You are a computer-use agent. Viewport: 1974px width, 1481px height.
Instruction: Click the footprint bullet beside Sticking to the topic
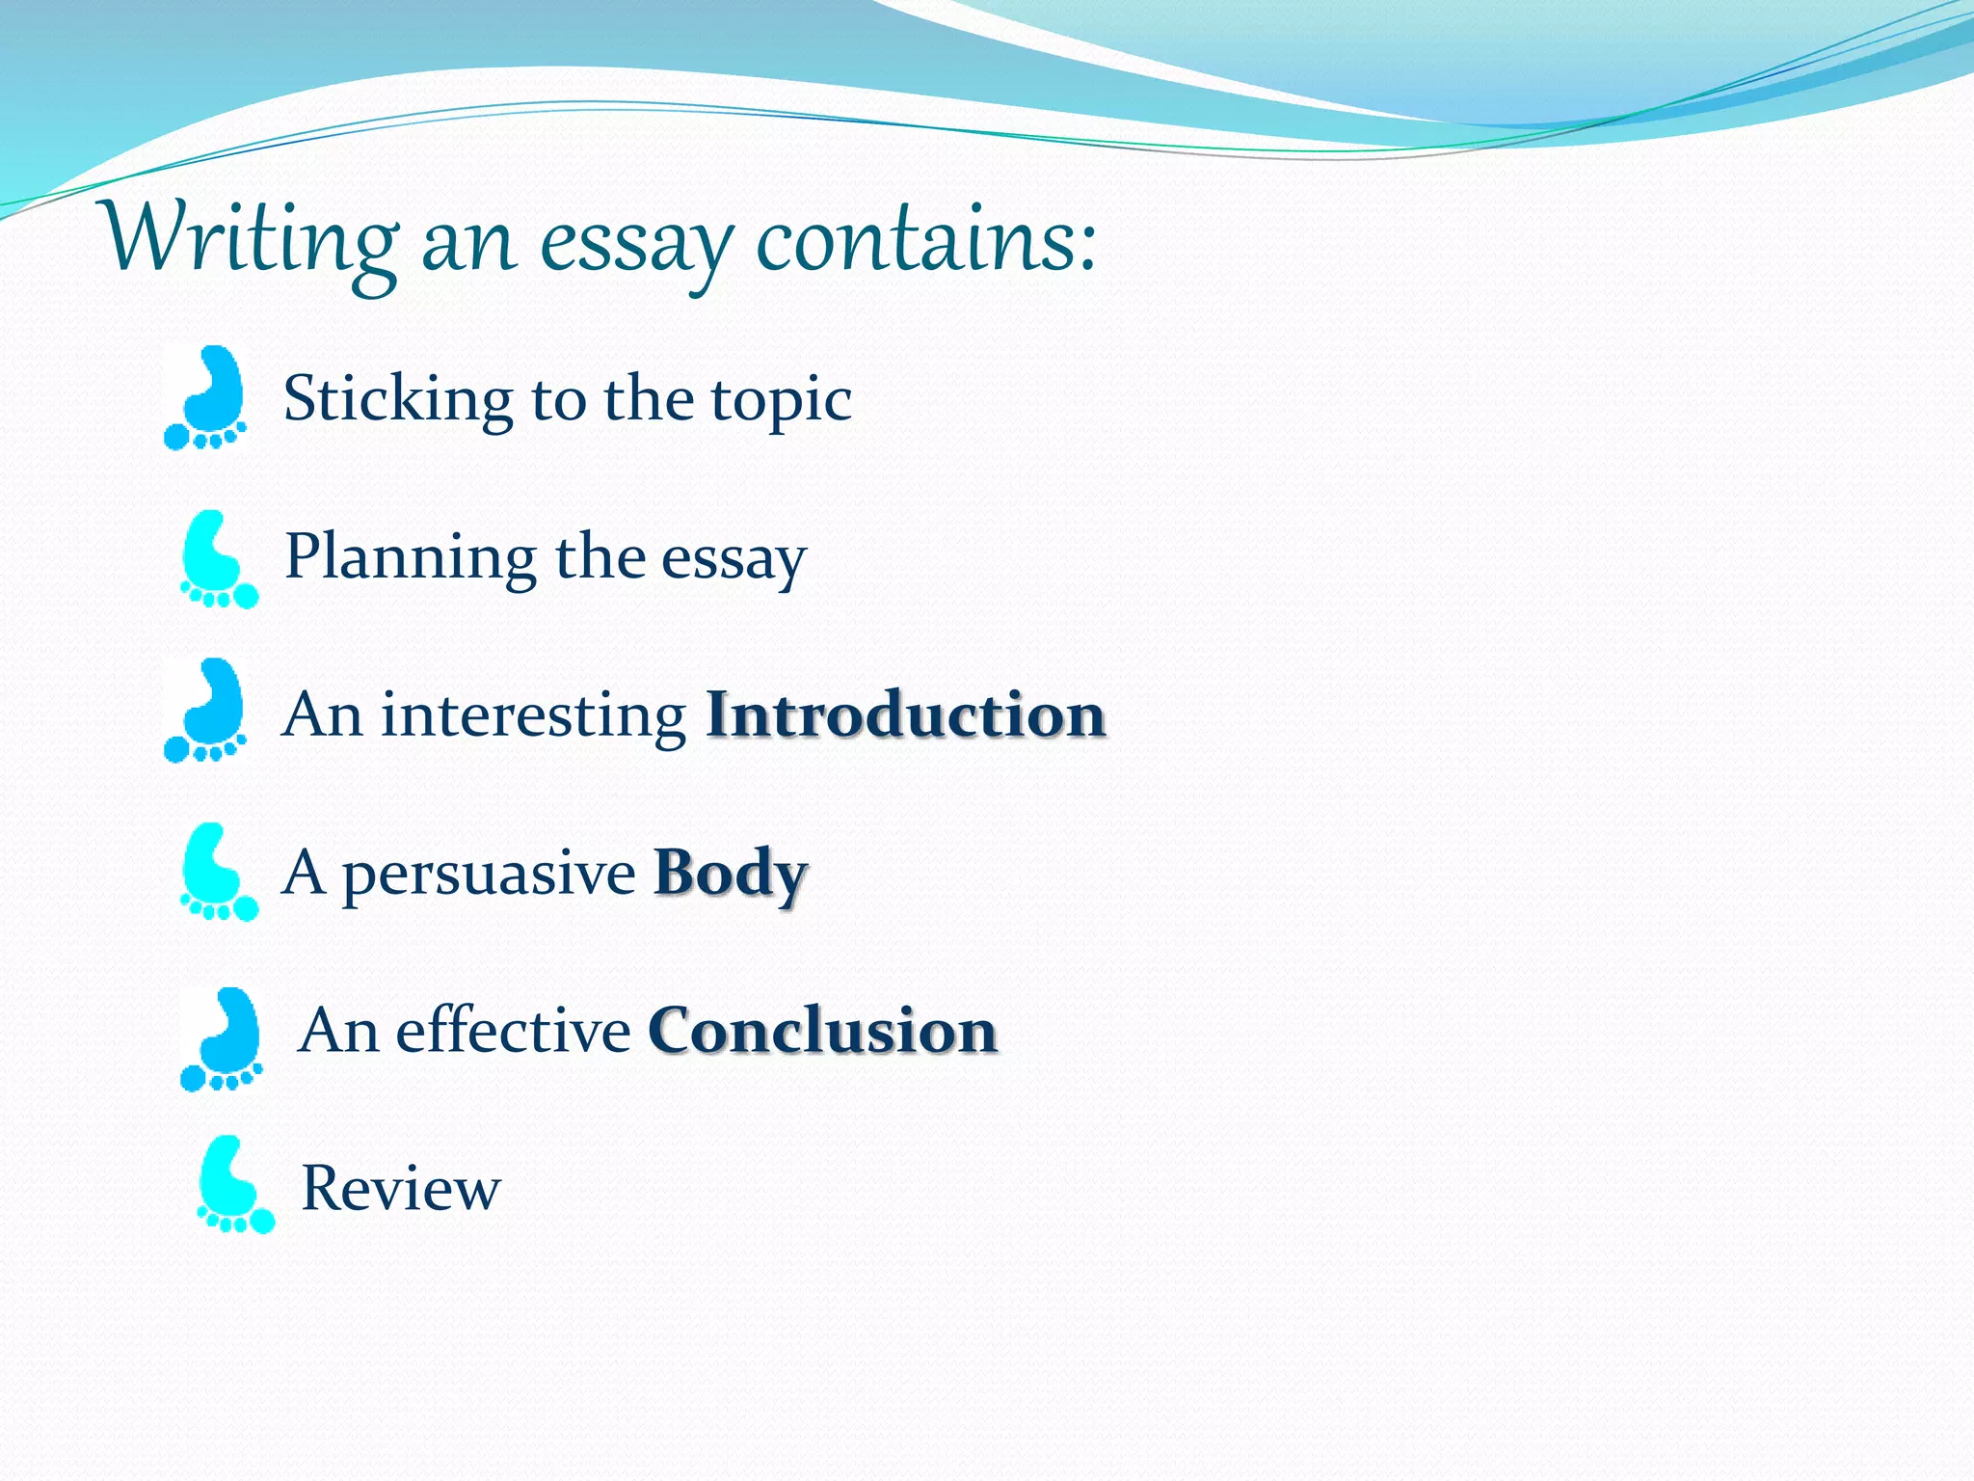pos(206,398)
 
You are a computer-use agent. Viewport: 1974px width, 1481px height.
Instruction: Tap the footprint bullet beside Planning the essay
pos(218,560)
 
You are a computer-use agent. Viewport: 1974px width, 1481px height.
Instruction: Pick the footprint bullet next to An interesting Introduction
pos(206,712)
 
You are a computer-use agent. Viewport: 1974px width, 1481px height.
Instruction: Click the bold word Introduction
pos(905,716)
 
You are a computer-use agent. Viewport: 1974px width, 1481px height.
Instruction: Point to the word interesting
pos(533,716)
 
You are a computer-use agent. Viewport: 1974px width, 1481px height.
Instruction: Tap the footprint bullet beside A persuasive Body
pos(218,873)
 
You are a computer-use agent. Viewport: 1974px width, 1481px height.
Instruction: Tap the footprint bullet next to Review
pos(234,1185)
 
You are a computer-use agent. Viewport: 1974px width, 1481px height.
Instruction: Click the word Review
pos(401,1189)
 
